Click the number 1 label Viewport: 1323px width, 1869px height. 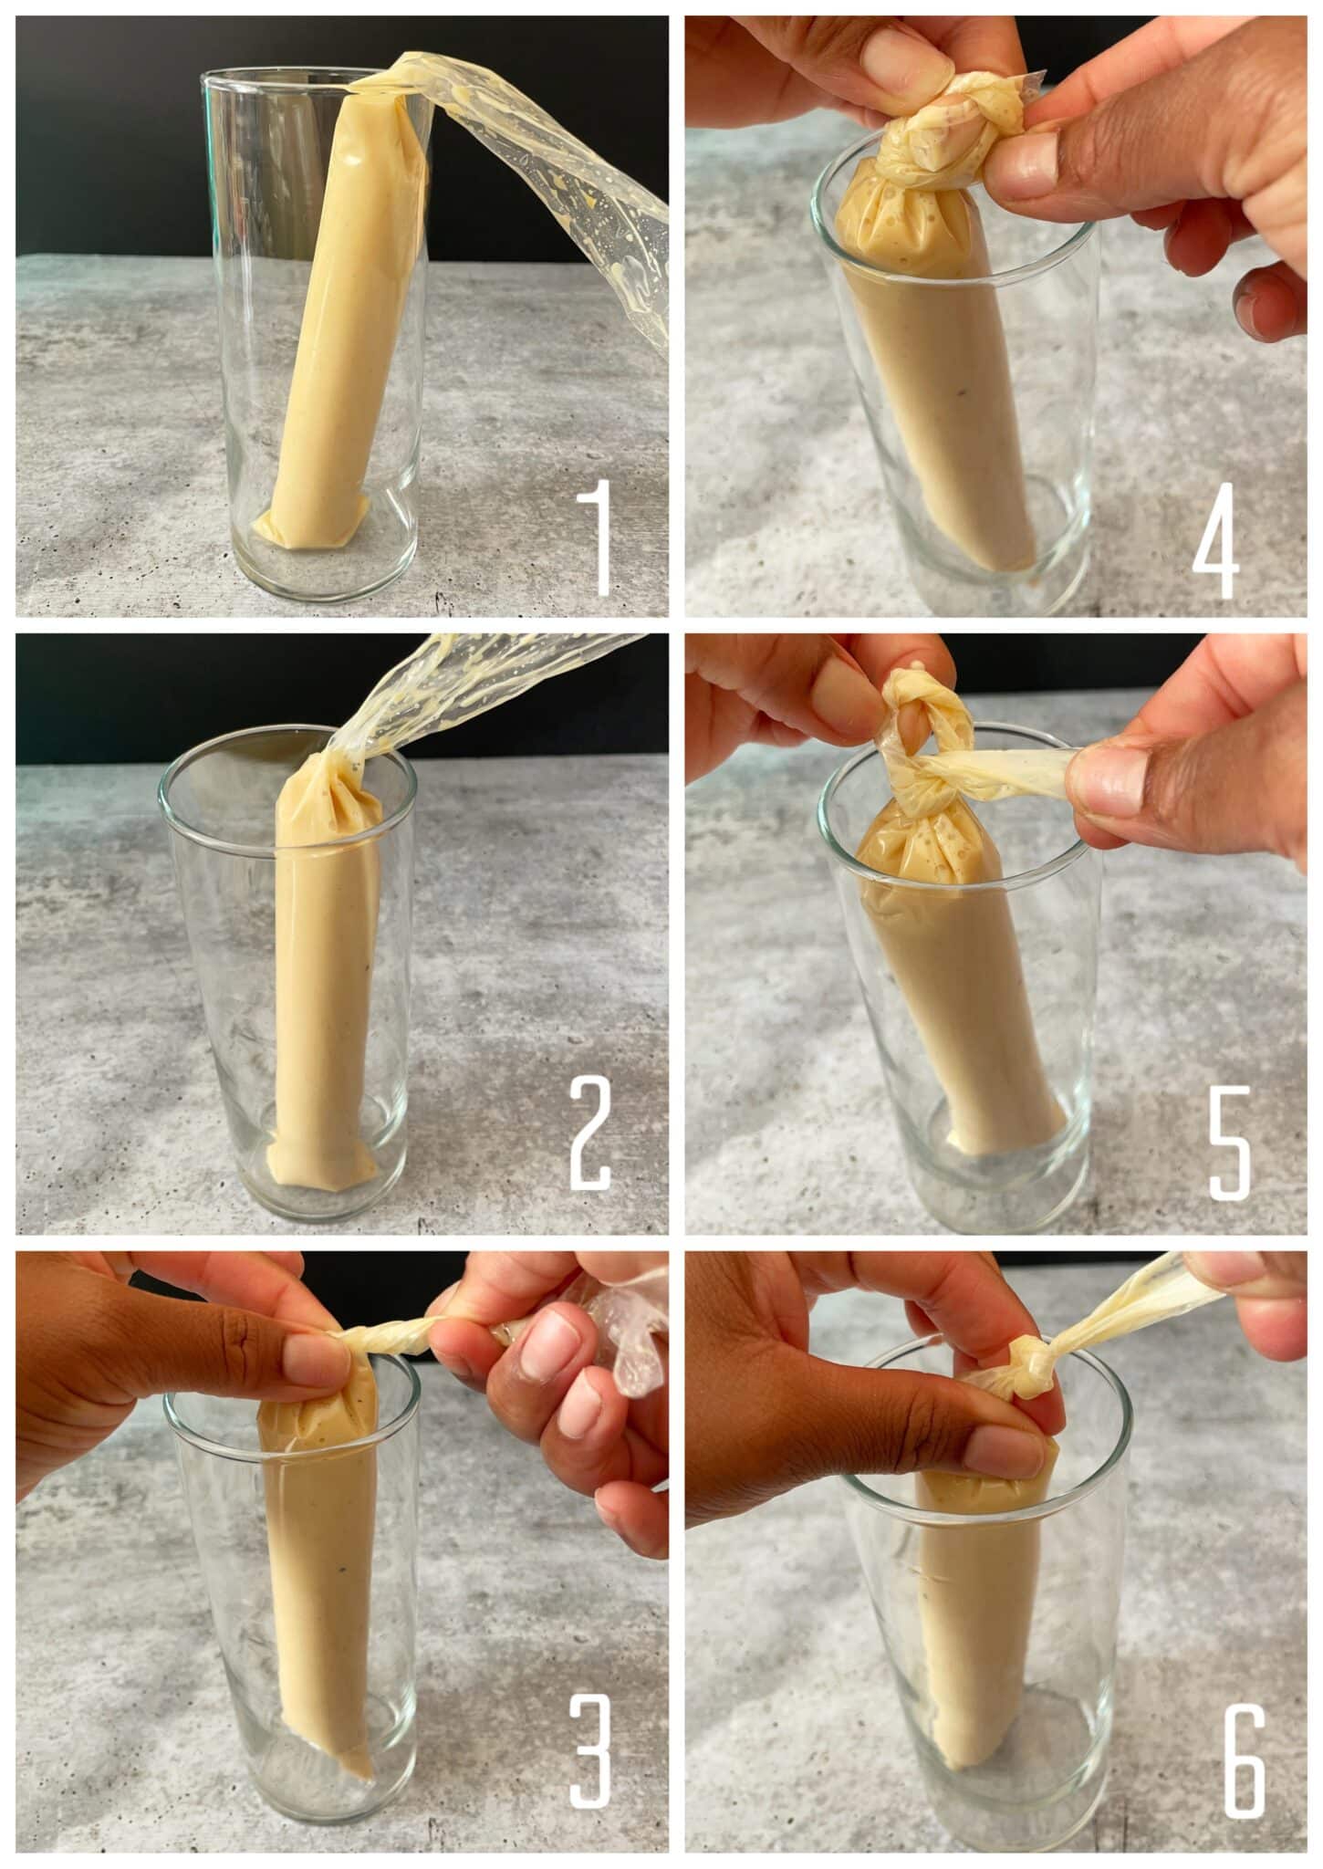(598, 538)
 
